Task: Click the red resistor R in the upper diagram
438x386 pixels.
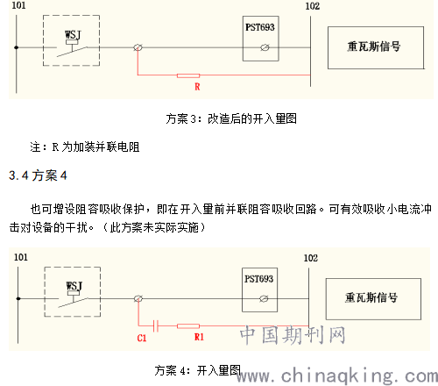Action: click(188, 75)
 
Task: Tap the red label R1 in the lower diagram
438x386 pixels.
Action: click(199, 337)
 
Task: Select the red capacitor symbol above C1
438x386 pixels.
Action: click(156, 325)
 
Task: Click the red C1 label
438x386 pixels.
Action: click(142, 338)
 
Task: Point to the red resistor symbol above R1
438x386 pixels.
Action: click(188, 326)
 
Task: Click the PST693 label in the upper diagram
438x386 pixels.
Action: click(260, 27)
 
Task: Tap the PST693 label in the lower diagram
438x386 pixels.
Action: click(258, 279)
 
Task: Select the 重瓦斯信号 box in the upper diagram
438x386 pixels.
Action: click(376, 47)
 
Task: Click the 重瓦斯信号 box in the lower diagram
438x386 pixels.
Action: click(373, 299)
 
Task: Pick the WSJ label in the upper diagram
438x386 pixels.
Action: click(73, 35)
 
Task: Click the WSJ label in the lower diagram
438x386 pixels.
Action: click(74, 286)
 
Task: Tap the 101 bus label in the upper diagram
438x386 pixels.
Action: click(18, 5)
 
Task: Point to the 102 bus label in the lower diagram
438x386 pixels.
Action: click(311, 258)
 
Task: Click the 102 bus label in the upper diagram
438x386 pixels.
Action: click(313, 6)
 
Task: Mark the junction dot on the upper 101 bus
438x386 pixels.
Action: click(17, 47)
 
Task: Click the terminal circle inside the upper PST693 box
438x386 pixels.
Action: click(265, 47)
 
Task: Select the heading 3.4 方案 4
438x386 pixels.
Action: click(38, 175)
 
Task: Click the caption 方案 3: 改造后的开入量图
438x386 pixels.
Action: click(231, 118)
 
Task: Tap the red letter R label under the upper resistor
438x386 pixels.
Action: click(197, 87)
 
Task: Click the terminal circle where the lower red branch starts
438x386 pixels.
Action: click(138, 298)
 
